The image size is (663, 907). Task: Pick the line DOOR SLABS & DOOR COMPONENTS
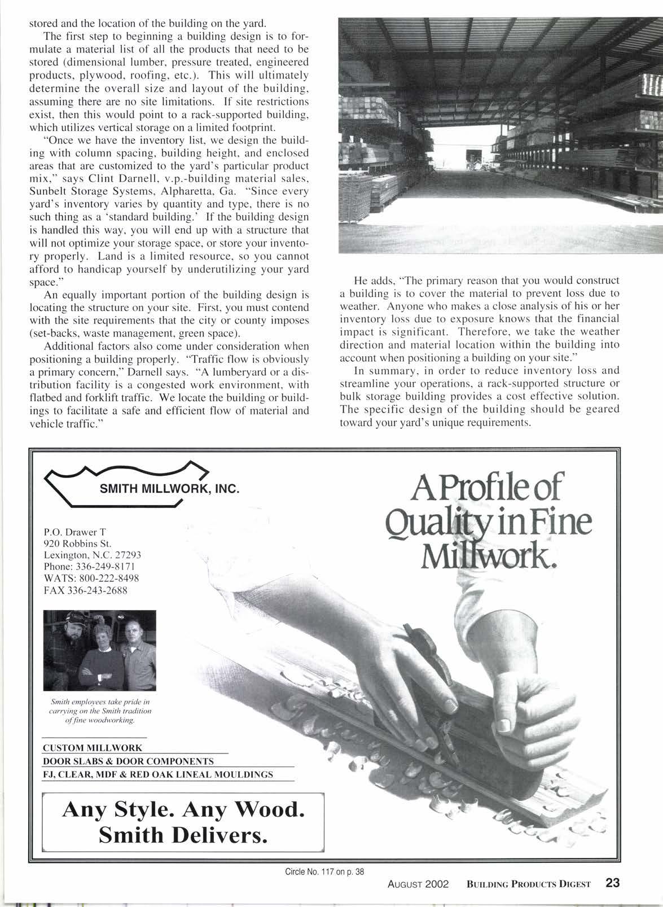[x=128, y=761]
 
